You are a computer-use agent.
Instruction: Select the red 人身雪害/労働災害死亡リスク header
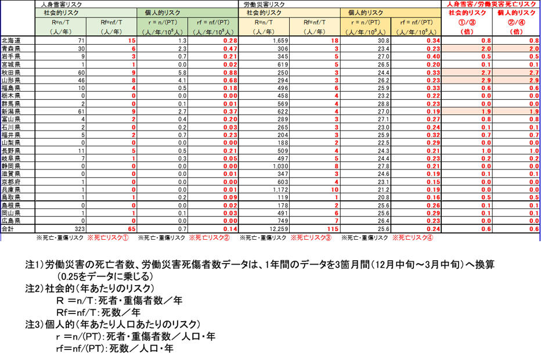point(490,3)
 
